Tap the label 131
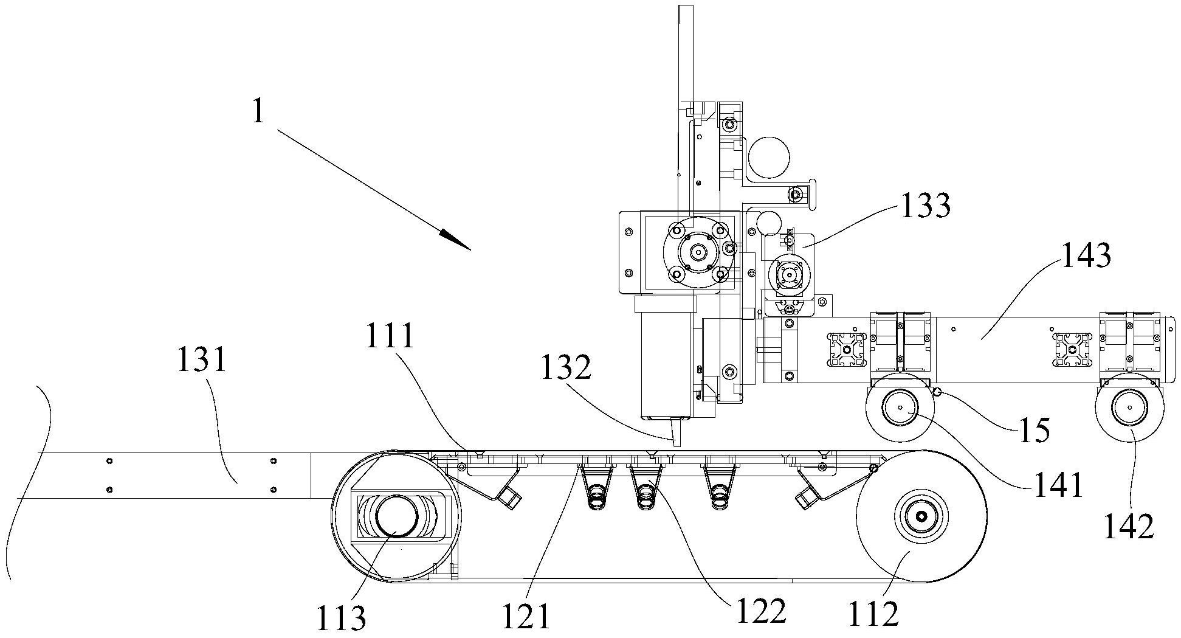tap(202, 360)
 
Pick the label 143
tap(1086, 255)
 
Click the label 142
tap(1130, 525)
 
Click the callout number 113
tap(341, 618)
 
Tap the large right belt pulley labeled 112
tap(921, 516)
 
